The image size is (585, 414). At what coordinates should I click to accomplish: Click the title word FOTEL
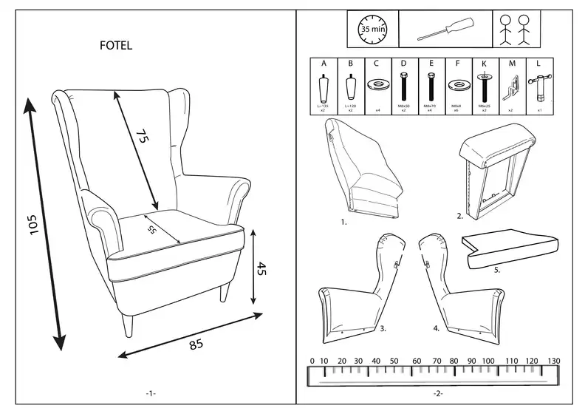coord(116,46)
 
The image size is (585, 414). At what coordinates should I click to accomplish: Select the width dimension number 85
coord(196,344)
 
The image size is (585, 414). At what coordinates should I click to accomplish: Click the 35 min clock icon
coord(372,30)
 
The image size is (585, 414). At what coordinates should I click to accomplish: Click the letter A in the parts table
coord(323,64)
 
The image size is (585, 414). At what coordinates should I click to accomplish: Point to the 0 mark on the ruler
coord(312,360)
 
